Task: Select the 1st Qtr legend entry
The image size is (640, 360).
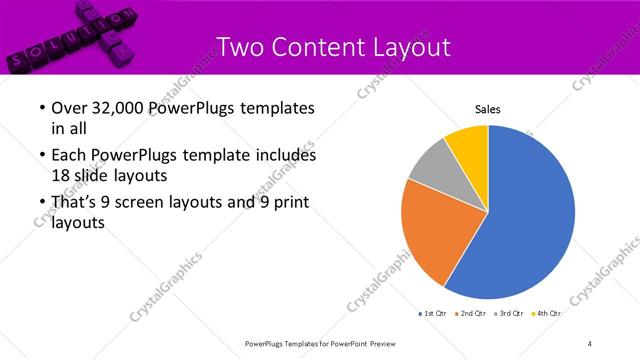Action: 432,314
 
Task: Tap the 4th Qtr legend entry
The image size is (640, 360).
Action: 547,314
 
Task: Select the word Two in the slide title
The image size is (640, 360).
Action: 240,46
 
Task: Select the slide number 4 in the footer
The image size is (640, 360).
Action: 590,344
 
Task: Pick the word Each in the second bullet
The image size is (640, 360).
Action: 69,156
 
